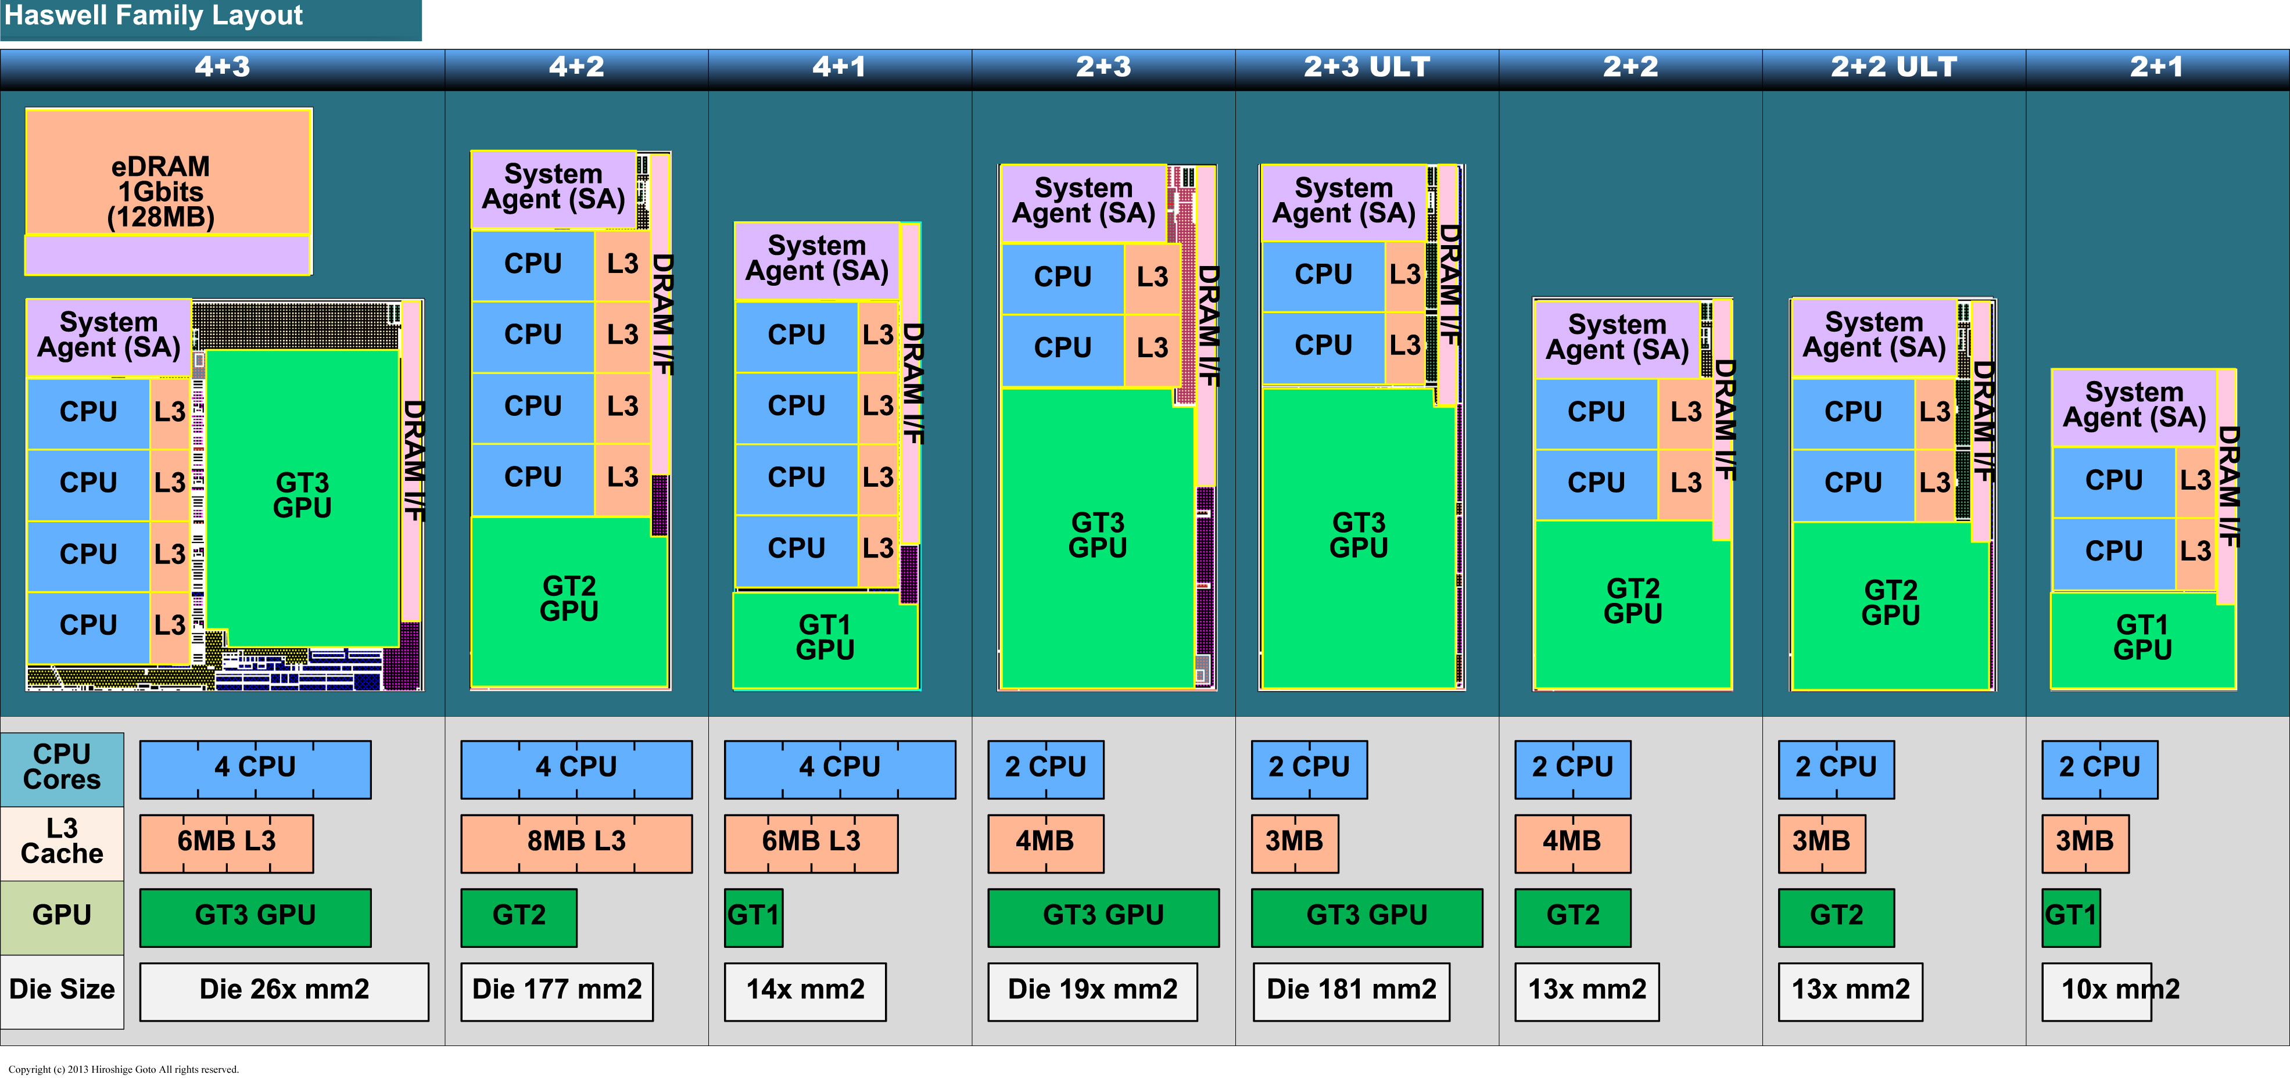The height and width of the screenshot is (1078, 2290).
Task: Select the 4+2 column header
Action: coord(576,67)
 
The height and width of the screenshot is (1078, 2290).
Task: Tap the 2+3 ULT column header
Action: coord(1366,67)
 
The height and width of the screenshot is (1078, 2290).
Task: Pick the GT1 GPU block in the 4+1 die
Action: coord(825,638)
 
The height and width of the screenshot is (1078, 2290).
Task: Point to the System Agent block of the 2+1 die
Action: coord(2134,405)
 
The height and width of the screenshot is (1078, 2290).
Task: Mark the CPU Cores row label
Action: coord(62,767)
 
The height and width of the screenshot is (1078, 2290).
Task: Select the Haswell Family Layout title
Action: coord(153,16)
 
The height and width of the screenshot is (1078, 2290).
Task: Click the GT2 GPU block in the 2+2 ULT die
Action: coord(1890,604)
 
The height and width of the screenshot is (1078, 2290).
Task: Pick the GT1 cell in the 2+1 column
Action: coord(2070,915)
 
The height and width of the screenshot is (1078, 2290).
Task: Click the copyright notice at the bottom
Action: coord(124,1069)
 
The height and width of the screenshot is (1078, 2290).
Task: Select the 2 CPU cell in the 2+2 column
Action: coord(1572,767)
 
